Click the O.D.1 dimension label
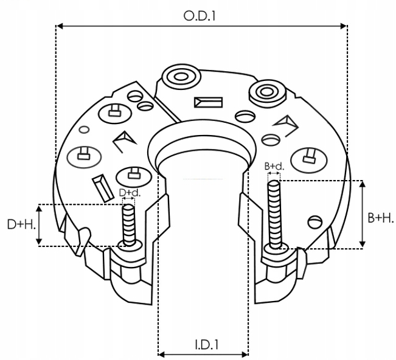click(201, 16)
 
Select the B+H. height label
click(381, 218)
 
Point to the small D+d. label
click(130, 193)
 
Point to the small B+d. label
click(274, 166)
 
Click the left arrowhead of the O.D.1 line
click(59, 26)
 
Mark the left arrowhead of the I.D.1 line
click(161, 354)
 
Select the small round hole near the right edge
click(314, 221)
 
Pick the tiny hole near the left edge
click(85, 129)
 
